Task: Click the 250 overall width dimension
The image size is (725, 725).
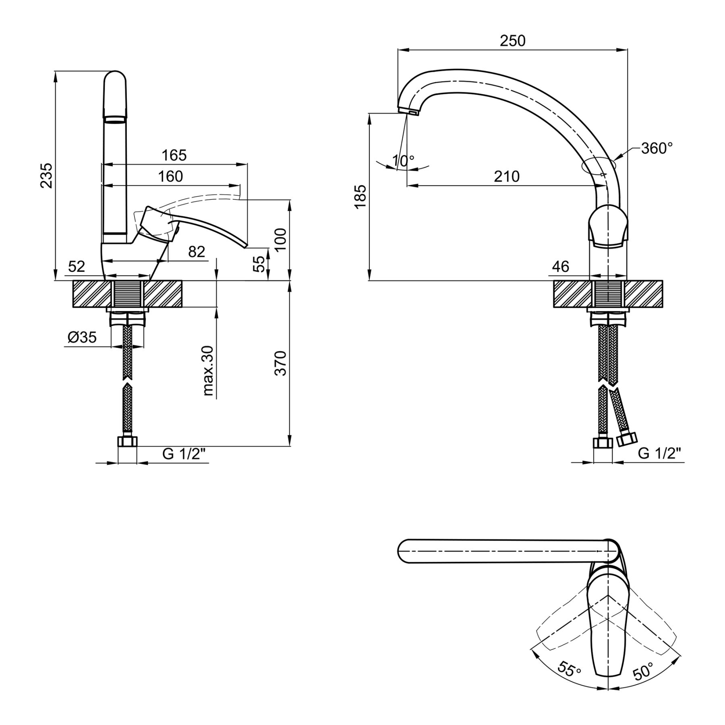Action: coord(513,41)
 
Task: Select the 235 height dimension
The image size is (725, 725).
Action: coord(47,175)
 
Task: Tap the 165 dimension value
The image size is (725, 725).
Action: coord(174,155)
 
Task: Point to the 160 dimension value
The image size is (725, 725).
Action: coord(171,176)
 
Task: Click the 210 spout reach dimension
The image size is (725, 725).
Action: coord(507,176)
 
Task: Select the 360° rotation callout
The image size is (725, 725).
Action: coord(657,148)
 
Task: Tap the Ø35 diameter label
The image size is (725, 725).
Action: coord(83,337)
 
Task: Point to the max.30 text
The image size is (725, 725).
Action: coord(208,371)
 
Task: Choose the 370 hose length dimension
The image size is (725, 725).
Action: coord(280,363)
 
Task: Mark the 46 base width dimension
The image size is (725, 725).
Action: coord(560,266)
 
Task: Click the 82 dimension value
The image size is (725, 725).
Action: coord(197,252)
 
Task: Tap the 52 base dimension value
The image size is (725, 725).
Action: coord(77,266)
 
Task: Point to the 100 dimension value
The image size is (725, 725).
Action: coord(280,239)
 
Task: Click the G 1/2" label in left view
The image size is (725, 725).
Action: coord(184,454)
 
